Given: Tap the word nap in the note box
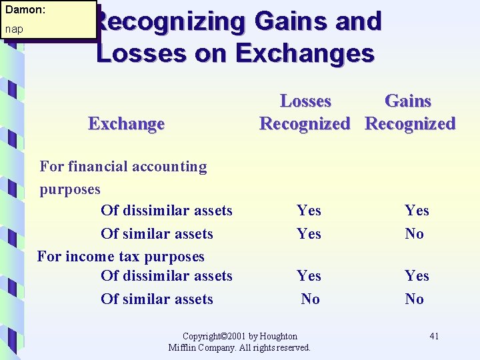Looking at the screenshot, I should coord(14,29).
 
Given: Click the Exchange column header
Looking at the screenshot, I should coord(126,124).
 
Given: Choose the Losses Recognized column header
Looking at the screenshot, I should coord(305,112).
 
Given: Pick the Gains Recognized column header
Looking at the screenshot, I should coord(409,112).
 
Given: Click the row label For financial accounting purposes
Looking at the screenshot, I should coord(123,177).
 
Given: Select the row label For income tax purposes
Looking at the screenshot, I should coord(121,257).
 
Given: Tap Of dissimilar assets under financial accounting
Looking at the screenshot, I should coord(166,211).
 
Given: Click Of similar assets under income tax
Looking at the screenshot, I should coord(157,299).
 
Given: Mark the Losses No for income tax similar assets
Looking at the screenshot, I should coord(310,299).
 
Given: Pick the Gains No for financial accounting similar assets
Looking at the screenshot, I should coord(414,234).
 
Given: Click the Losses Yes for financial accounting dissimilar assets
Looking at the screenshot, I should coord(309,211).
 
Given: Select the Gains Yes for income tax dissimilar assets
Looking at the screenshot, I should coord(417,276).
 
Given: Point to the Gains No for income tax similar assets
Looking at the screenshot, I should coord(414,299).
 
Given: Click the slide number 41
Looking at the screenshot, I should coord(433,336).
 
